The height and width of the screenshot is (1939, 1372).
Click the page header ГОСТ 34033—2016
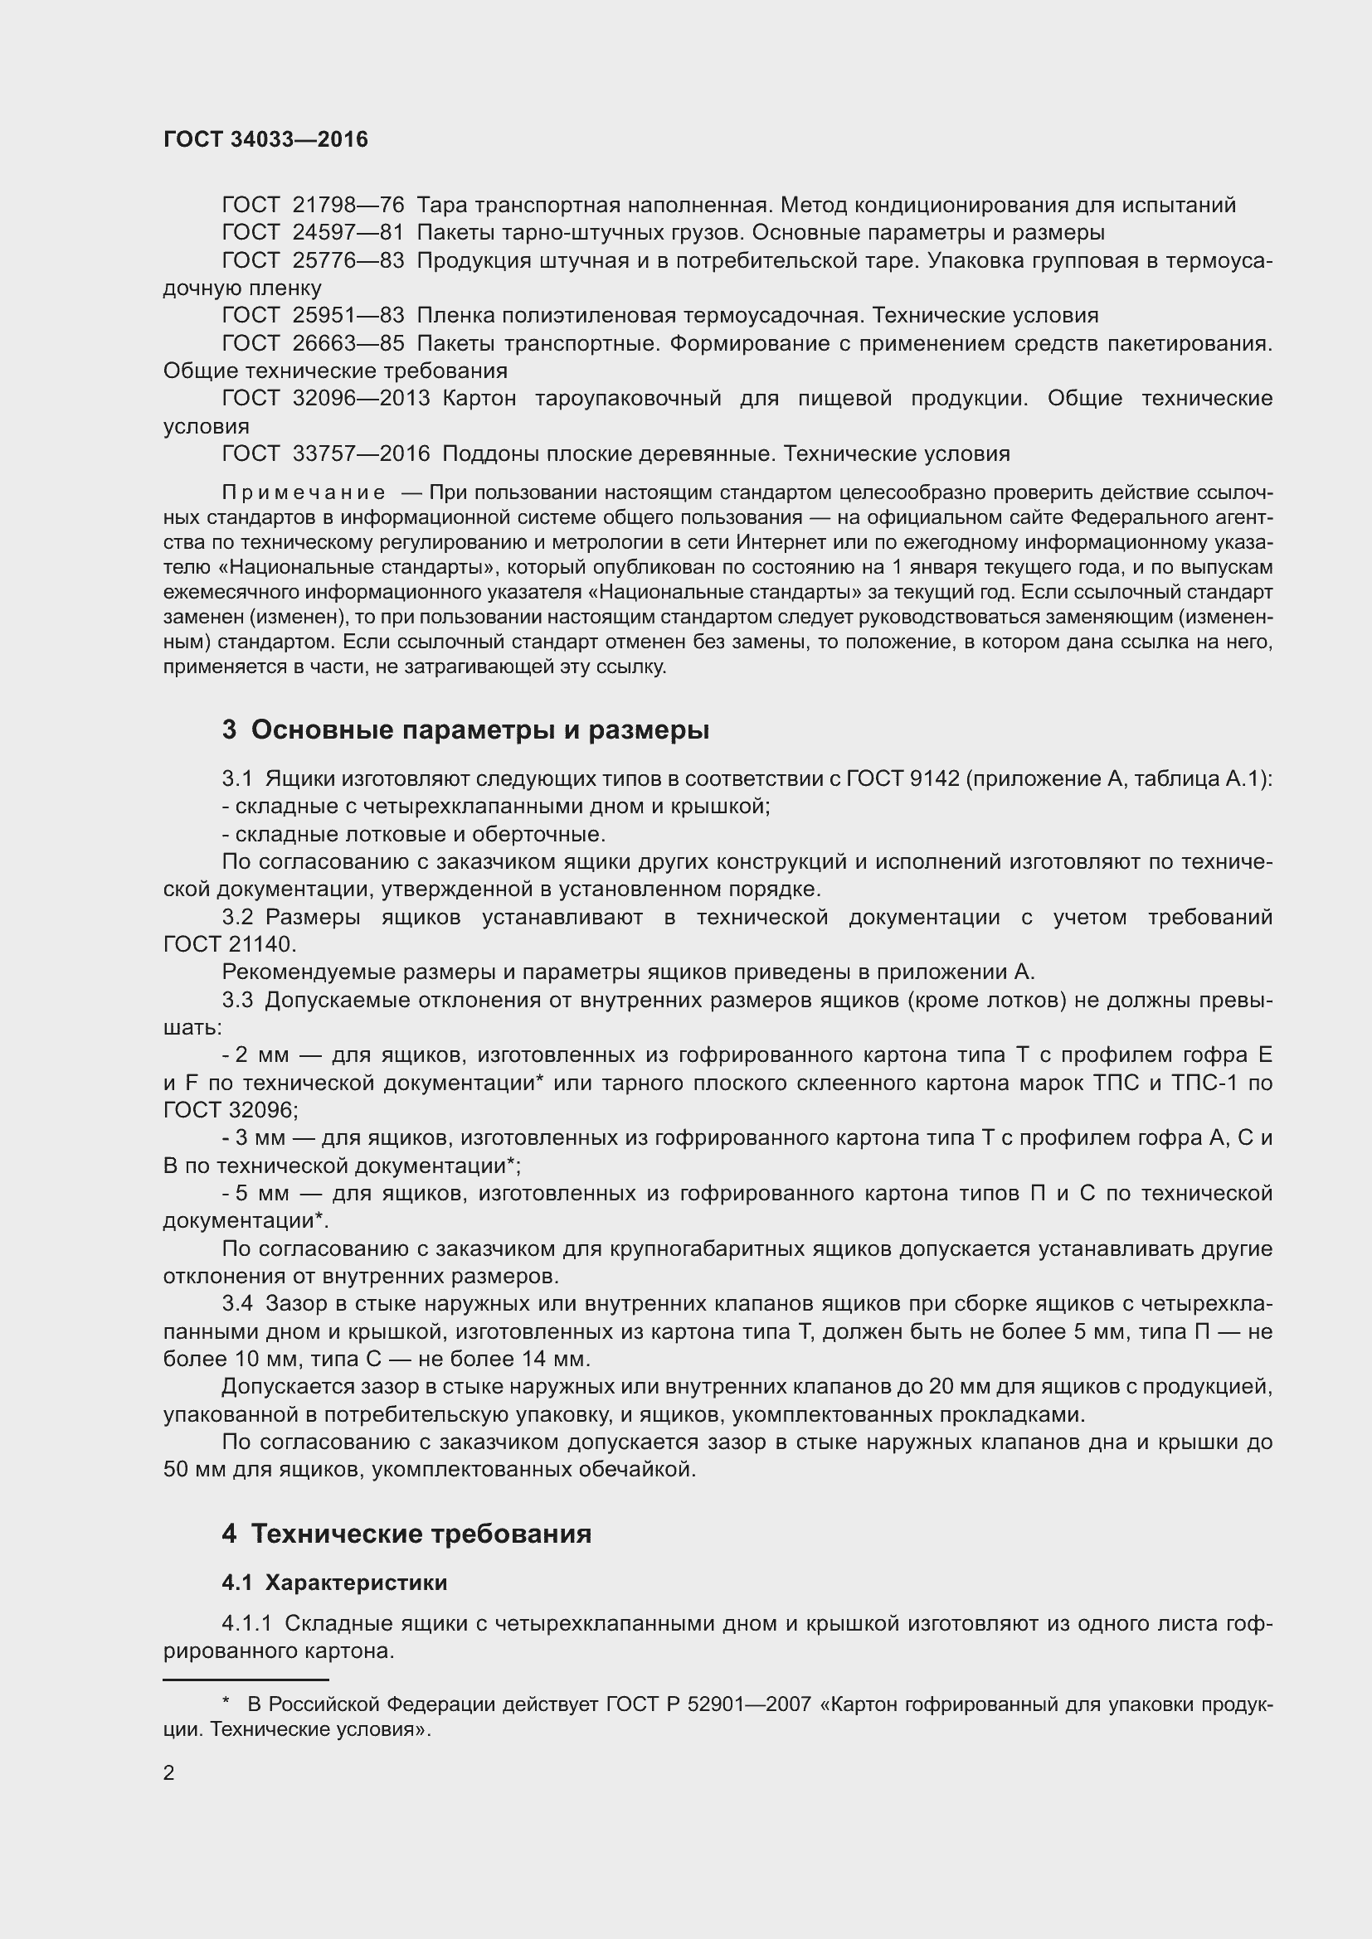pos(265,139)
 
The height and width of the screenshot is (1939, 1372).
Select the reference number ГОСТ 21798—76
pos(313,206)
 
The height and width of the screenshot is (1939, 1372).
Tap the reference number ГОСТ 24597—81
pos(313,232)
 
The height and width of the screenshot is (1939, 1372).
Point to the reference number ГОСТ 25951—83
pos(313,315)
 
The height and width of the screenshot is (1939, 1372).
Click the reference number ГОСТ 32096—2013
pos(325,398)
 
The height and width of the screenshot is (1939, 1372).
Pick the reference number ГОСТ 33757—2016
pos(325,453)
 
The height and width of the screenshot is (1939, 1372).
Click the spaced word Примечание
pos(304,492)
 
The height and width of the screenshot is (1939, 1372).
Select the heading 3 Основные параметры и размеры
pos(465,730)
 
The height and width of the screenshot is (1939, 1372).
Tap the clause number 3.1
pos(236,778)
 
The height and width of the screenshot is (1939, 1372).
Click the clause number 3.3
pos(236,1000)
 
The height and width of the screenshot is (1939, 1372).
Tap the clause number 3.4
pos(236,1303)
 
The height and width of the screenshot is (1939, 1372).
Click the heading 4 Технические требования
pos(406,1534)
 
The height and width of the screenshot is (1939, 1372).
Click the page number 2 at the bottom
pos(169,1772)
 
